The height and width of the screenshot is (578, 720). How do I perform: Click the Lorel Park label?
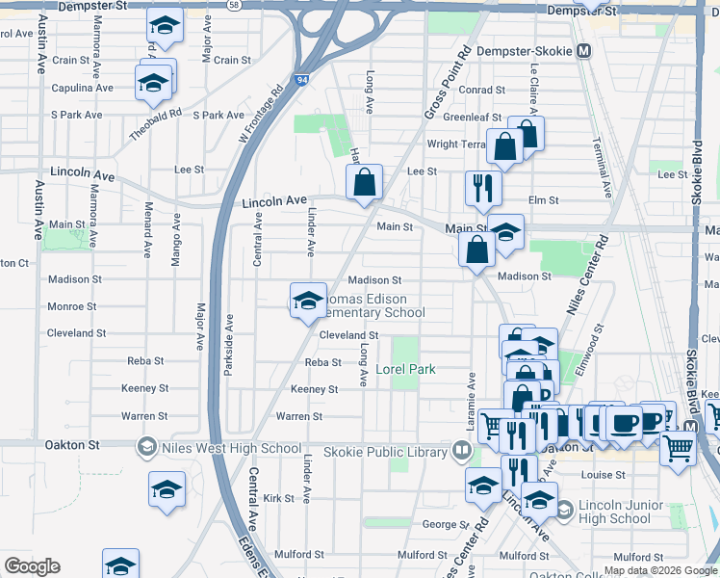click(405, 369)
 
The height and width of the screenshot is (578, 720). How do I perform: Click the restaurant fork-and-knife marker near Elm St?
click(481, 188)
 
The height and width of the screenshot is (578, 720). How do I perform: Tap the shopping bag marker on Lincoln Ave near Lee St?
click(365, 182)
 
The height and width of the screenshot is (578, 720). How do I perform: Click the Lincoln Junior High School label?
click(616, 512)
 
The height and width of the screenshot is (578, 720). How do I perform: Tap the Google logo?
click(32, 566)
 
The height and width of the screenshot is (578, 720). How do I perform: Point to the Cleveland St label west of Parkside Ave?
click(78, 334)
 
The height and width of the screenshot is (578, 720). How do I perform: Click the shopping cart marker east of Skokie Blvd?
click(678, 448)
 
